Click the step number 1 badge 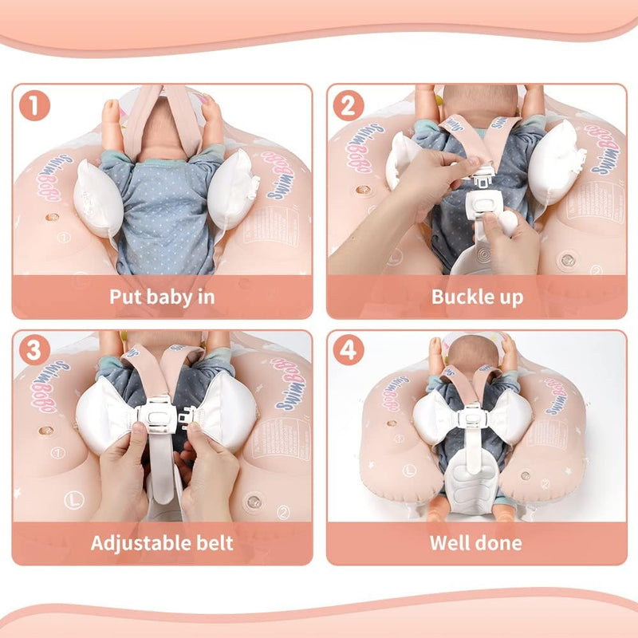tap(34, 107)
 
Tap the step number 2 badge tap(349, 107)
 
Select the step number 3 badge tap(34, 352)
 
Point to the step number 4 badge tap(349, 352)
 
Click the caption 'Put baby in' tap(162, 297)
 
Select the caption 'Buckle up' tap(477, 297)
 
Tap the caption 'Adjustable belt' tap(162, 543)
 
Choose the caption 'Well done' tap(477, 543)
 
